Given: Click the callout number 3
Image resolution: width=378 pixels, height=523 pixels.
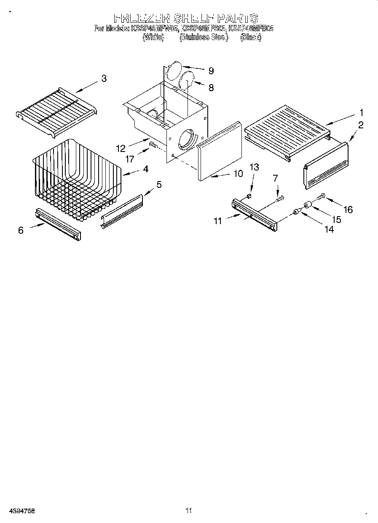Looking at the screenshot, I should [104, 78].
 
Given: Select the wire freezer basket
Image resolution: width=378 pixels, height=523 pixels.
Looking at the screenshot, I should [76, 177].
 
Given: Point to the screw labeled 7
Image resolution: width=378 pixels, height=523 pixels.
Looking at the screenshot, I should [279, 198].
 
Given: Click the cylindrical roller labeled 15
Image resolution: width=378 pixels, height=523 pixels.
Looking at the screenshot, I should [308, 206].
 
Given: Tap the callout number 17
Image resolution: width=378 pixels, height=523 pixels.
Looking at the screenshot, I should [130, 160].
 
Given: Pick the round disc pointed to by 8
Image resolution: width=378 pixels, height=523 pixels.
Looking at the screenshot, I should [187, 80].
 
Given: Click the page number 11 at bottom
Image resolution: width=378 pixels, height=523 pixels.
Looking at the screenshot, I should [189, 510].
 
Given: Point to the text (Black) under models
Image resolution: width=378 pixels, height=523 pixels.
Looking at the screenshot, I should [250, 37].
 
